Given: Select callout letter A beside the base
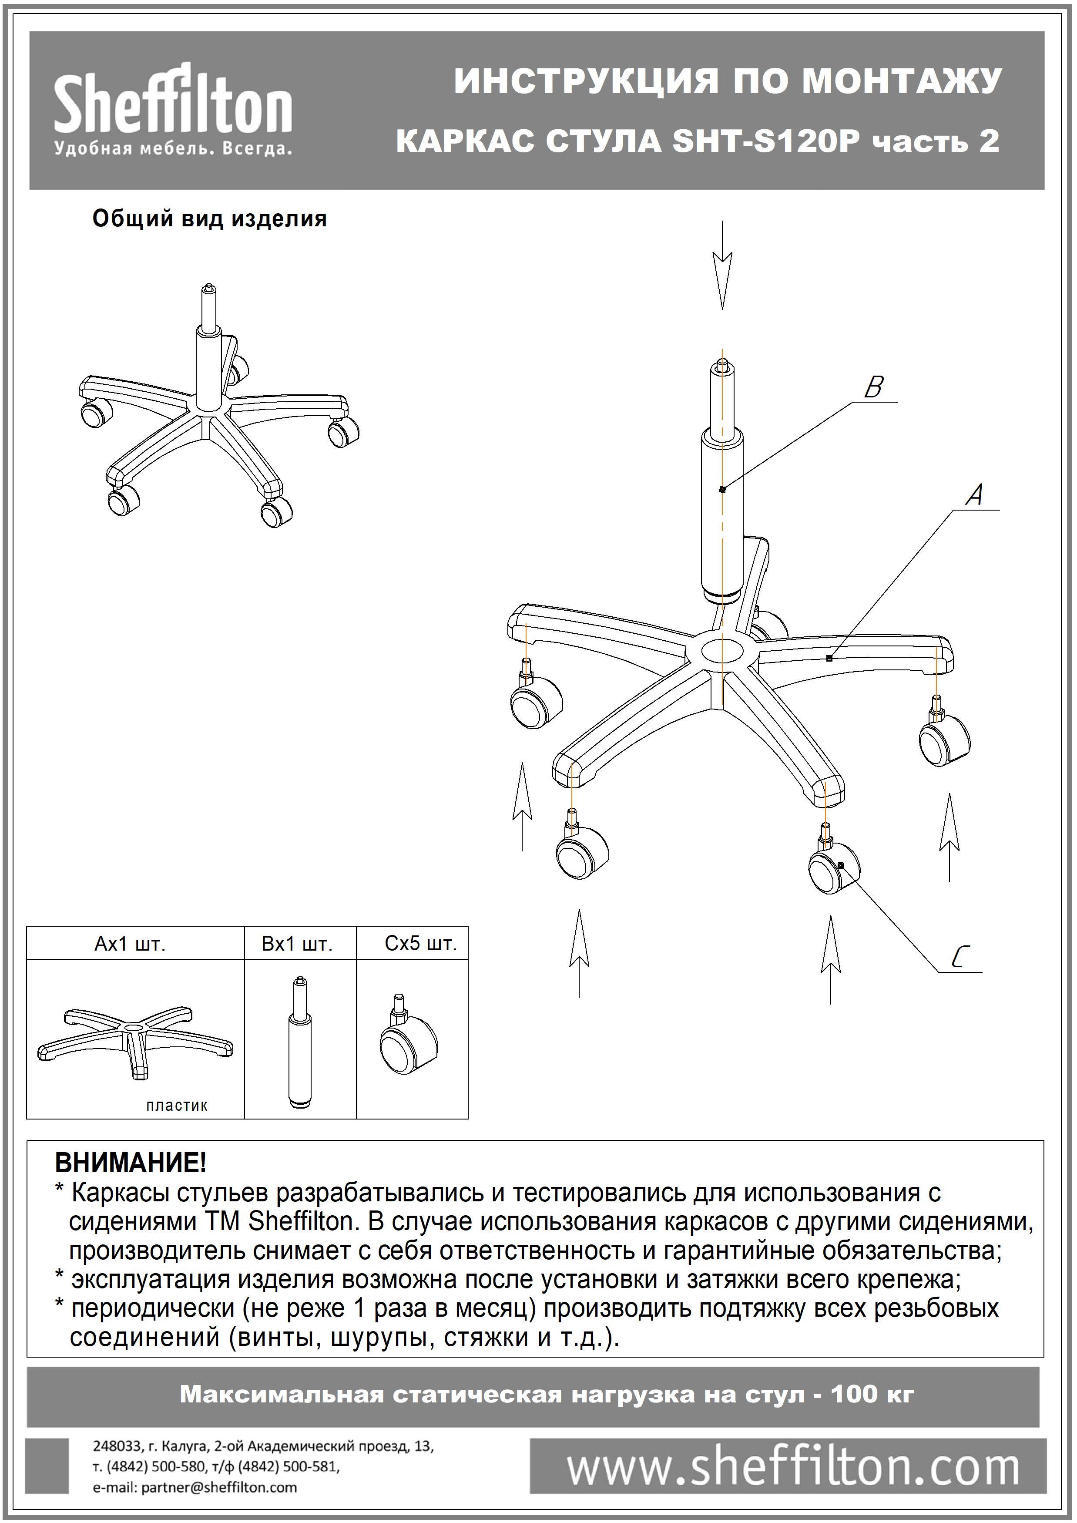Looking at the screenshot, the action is pyautogui.click(x=974, y=495).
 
